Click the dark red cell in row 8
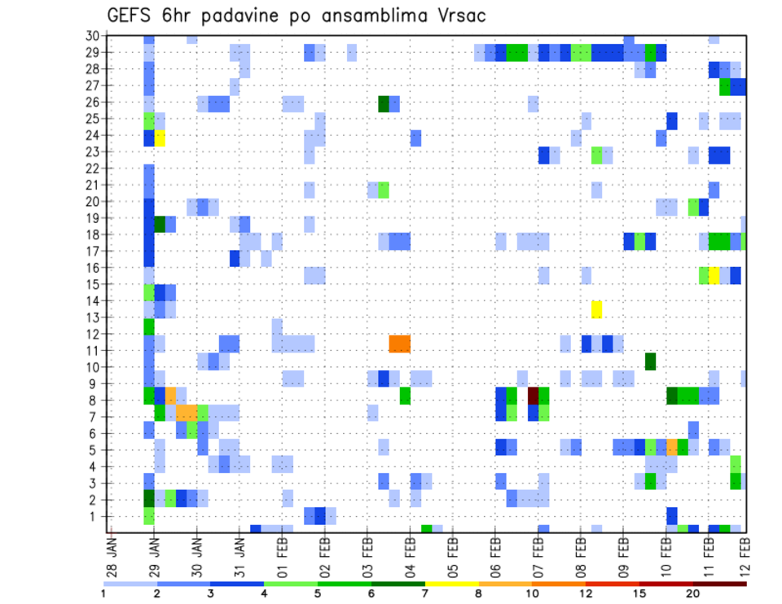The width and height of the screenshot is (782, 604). tap(533, 395)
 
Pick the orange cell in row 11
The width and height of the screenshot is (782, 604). tap(399, 344)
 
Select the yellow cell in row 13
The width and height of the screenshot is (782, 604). tap(596, 309)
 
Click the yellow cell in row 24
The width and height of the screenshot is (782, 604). tap(160, 138)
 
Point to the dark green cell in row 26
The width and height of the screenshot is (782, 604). tap(384, 103)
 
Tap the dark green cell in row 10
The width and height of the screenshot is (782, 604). tap(650, 361)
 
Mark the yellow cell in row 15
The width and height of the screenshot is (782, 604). tap(714, 275)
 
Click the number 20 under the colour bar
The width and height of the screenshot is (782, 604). tap(693, 593)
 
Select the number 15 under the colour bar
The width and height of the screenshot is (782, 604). tap(639, 593)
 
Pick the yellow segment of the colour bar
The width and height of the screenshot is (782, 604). tap(452, 583)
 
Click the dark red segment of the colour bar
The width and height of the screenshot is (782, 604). tap(720, 583)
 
